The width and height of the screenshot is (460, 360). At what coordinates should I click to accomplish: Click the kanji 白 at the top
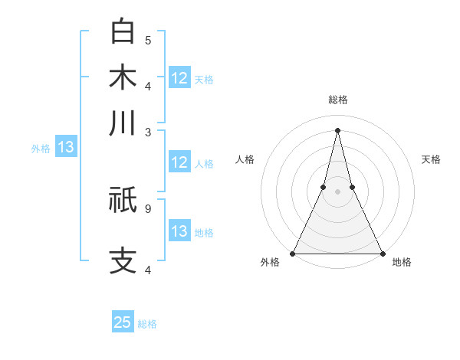pos(123,31)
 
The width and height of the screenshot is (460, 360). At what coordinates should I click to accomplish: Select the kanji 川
pos(123,123)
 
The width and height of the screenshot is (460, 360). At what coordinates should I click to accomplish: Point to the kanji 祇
pos(123,200)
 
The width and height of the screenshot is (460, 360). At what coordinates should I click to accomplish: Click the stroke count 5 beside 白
pos(148,40)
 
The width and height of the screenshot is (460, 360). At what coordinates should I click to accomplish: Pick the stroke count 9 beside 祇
pos(148,207)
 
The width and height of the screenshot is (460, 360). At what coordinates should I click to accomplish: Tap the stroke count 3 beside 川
pos(148,132)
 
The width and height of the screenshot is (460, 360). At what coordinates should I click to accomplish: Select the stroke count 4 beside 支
pos(148,270)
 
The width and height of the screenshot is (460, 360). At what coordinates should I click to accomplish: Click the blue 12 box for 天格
pos(179,78)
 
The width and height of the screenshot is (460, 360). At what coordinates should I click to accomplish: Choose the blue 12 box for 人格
pos(179,162)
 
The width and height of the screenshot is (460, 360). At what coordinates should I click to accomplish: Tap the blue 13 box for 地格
pos(179,231)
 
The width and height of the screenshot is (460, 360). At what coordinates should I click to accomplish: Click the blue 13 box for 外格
pos(65,147)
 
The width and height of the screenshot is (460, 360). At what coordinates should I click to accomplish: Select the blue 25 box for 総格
pos(123,322)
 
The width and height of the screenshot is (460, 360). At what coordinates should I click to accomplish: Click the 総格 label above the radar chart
pos(337,100)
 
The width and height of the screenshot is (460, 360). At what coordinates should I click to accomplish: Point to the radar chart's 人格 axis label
pos(245,159)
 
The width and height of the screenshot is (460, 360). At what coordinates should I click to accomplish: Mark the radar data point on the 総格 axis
pos(337,130)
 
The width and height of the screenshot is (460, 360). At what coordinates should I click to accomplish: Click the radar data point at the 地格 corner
pos(382,253)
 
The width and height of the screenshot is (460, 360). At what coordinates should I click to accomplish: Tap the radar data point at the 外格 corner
pos(293,253)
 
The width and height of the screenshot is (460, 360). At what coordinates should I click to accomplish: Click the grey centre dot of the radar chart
pos(337,192)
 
